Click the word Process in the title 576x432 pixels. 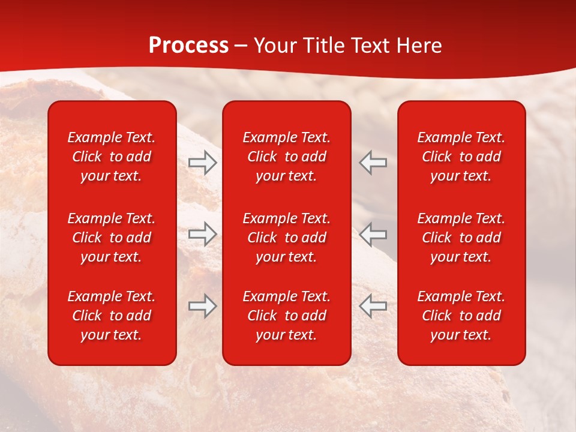click(188, 46)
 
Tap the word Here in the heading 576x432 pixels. click(418, 46)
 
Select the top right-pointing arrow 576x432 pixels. click(203, 163)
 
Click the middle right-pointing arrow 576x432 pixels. click(203, 234)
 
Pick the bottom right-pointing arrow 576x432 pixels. click(203, 306)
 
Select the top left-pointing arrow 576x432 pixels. click(373, 163)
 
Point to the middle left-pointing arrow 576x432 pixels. click(373, 234)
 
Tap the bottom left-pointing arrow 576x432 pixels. click(373, 306)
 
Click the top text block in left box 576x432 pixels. click(112, 157)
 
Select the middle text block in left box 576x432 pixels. click(112, 238)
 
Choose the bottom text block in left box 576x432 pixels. click(112, 316)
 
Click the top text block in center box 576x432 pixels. click(287, 157)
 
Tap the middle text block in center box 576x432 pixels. click(287, 238)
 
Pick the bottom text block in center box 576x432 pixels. click(287, 316)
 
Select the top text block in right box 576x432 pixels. click(461, 157)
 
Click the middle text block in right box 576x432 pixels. click(461, 238)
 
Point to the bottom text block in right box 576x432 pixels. click(461, 316)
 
